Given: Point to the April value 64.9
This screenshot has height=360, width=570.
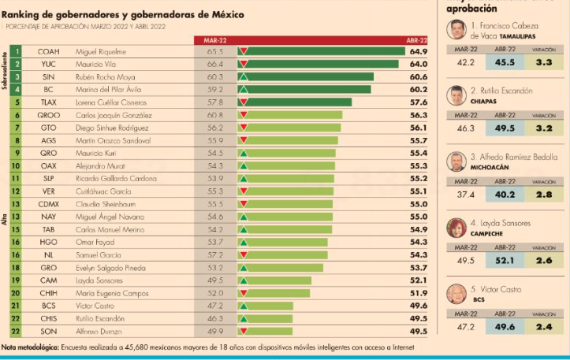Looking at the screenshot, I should pyautogui.click(x=418, y=51).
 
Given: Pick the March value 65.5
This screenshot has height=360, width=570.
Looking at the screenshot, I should pyautogui.click(x=215, y=51).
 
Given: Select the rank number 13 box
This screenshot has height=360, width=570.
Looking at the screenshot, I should pyautogui.click(x=16, y=216).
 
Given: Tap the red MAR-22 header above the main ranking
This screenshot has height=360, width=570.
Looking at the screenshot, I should pyautogui.click(x=215, y=40).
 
